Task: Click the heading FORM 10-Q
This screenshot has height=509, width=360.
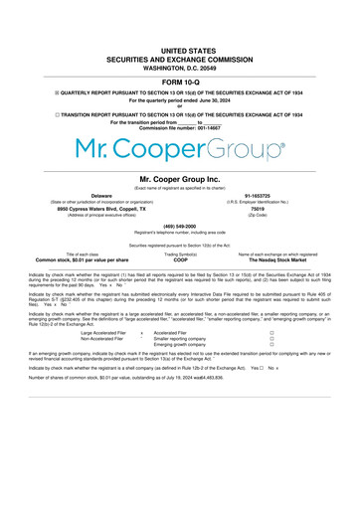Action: pyautogui.click(x=180, y=82)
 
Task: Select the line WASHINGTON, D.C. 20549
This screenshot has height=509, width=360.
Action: pyautogui.click(x=180, y=67)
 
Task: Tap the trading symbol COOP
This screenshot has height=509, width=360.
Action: pyautogui.click(x=180, y=259)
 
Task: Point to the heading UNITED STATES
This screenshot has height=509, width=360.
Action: pyautogui.click(x=180, y=49)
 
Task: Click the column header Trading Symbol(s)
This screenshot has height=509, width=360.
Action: pyautogui.click(x=180, y=254)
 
